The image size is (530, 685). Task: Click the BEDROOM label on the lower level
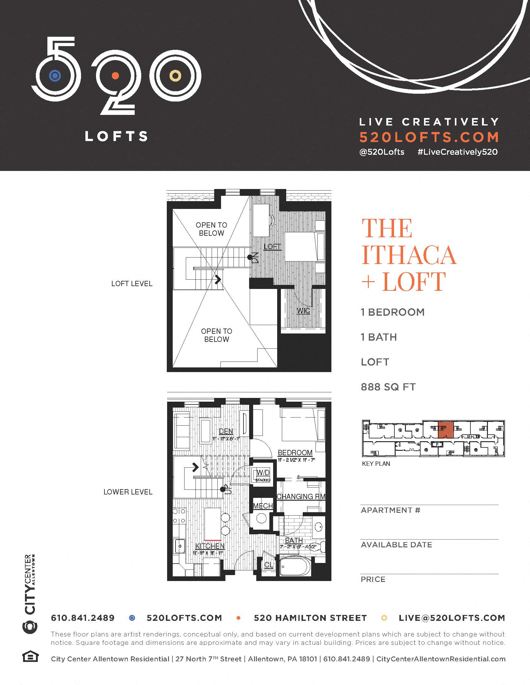[295, 453]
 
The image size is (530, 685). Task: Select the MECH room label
[263, 506]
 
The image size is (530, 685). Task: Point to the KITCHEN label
[210, 546]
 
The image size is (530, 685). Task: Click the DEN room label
[226, 431]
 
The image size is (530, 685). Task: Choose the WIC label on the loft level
[303, 311]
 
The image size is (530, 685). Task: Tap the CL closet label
[268, 565]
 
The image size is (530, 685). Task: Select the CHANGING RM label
[301, 497]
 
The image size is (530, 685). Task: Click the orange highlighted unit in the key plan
[446, 430]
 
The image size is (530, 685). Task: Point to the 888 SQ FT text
[388, 387]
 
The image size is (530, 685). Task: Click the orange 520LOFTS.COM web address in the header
[429, 137]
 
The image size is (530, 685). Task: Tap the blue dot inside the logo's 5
[55, 76]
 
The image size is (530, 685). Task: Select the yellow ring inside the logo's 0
[175, 76]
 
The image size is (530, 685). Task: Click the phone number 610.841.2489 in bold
[83, 618]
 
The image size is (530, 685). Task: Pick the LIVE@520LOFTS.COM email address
[452, 618]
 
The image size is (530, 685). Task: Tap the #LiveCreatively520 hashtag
[457, 152]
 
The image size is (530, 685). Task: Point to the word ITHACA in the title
[409, 255]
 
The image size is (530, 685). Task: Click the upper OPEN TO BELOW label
[211, 229]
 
